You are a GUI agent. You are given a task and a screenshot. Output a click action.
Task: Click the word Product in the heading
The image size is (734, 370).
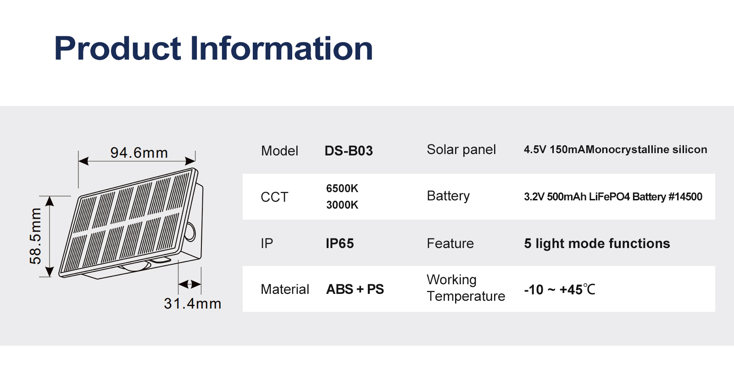117,48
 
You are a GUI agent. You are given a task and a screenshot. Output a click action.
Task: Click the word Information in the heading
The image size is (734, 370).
282,48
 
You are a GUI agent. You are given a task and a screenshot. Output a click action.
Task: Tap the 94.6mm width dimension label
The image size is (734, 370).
139,153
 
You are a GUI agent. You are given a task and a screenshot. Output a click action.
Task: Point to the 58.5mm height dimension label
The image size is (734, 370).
35,236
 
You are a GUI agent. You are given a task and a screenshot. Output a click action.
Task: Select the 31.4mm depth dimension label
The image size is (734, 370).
193,304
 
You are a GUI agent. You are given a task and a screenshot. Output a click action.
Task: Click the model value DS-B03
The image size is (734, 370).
349,151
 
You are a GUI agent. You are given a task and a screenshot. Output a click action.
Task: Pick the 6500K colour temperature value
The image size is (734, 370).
342,188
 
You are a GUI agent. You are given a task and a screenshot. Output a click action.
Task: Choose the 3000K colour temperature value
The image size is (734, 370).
342,205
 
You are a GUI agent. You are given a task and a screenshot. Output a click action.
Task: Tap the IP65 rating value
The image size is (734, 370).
340,243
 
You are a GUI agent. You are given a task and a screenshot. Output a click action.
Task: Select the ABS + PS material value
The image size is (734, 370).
355,289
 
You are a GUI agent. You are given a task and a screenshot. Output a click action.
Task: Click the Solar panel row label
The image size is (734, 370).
461,150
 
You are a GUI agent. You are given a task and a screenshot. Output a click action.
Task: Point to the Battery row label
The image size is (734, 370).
448,196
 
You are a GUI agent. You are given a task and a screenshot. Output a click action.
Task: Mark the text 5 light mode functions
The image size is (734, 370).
597,243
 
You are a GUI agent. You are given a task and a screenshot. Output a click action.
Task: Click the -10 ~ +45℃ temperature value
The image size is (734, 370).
560,290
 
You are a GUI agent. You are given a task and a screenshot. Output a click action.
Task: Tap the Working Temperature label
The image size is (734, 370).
466,288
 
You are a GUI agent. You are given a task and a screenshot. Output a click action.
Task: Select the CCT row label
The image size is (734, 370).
274,198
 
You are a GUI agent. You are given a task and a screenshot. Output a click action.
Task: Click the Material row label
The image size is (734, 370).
285,289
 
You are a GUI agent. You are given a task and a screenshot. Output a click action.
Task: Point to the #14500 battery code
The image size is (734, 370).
685,197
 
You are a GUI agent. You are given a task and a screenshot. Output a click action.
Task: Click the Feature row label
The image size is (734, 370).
450,243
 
